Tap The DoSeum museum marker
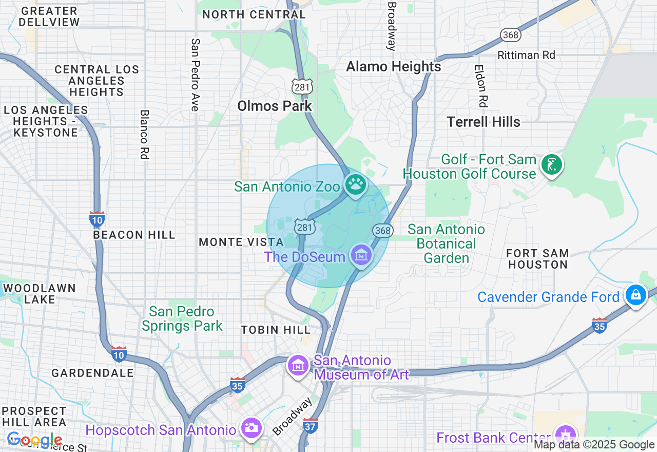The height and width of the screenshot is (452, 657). click(361, 254)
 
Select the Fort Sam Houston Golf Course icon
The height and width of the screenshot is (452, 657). click(551, 165)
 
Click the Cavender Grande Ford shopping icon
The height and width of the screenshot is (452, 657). click(635, 295)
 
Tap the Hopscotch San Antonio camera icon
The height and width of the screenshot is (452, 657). click(251, 427)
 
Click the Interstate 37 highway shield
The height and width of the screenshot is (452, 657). click(311, 425)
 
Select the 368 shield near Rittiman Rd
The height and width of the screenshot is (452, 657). click(511, 35)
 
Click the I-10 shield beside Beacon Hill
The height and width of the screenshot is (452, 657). click(97, 219)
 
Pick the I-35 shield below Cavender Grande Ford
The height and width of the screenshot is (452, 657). click(599, 325)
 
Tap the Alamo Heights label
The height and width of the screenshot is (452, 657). click(393, 67)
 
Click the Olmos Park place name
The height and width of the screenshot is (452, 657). click(275, 106)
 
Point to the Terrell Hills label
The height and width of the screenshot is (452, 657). click(483, 122)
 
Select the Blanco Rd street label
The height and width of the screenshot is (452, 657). click(145, 134)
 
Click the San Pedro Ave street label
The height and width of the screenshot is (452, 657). click(195, 74)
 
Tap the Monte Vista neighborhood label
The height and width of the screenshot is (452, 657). click(241, 242)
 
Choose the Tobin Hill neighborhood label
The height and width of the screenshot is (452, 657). click(276, 330)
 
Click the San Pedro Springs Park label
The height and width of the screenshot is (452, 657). click(182, 318)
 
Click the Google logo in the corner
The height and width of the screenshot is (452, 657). click(34, 440)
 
